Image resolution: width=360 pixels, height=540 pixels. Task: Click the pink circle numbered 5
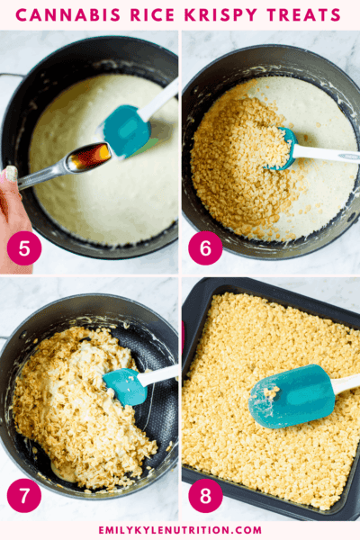(x=23, y=248)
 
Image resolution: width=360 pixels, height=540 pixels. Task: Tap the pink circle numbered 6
(x=205, y=248)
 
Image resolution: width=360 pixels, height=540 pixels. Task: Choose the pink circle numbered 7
(x=23, y=496)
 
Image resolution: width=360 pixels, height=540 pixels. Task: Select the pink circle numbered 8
(x=205, y=496)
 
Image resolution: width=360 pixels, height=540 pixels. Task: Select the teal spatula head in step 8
(x=290, y=396)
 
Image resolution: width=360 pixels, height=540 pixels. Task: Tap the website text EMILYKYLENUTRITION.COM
(x=180, y=530)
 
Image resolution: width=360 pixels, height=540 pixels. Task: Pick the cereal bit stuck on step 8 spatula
(x=270, y=393)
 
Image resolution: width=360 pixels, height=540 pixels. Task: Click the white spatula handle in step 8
(x=346, y=382)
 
